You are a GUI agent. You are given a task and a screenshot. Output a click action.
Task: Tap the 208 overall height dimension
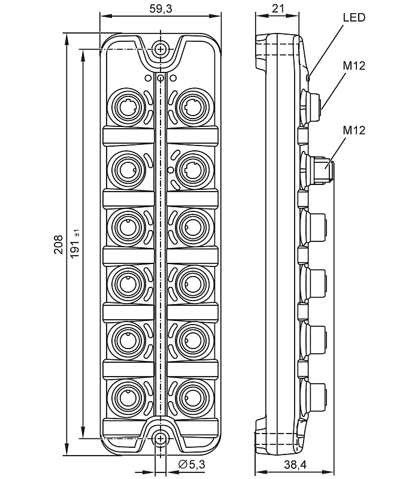[x=59, y=245]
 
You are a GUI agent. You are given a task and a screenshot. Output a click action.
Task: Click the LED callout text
[x=353, y=17]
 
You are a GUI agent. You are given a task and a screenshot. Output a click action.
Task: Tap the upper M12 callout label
[x=354, y=65]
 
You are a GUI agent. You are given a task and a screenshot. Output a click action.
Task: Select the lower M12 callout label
[x=354, y=130]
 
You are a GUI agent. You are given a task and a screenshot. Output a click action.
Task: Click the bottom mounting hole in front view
[x=160, y=439]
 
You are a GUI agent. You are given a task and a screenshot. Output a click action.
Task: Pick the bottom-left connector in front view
[x=127, y=396]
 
